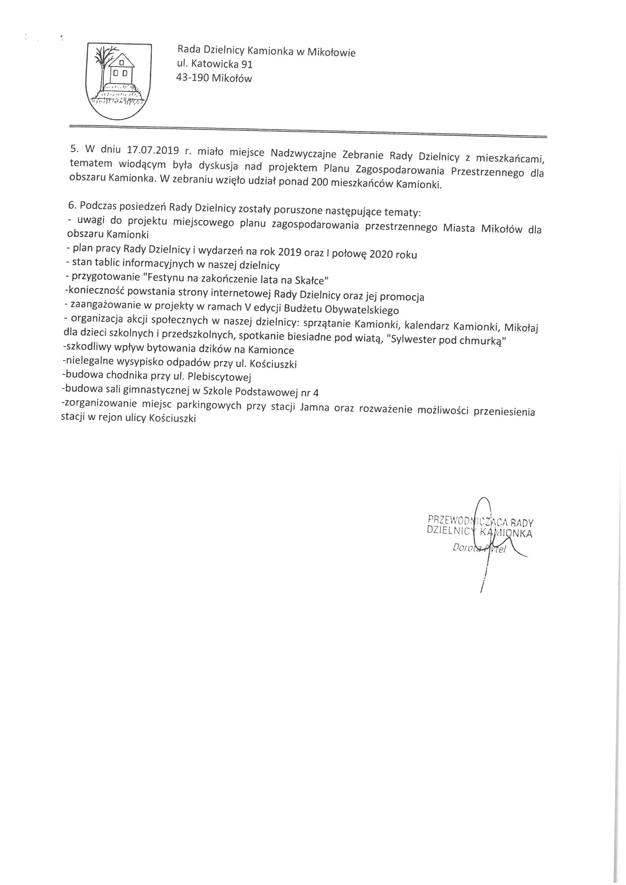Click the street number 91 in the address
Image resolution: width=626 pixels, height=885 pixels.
[x=245, y=64]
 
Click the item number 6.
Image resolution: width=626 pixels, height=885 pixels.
[x=70, y=205]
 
